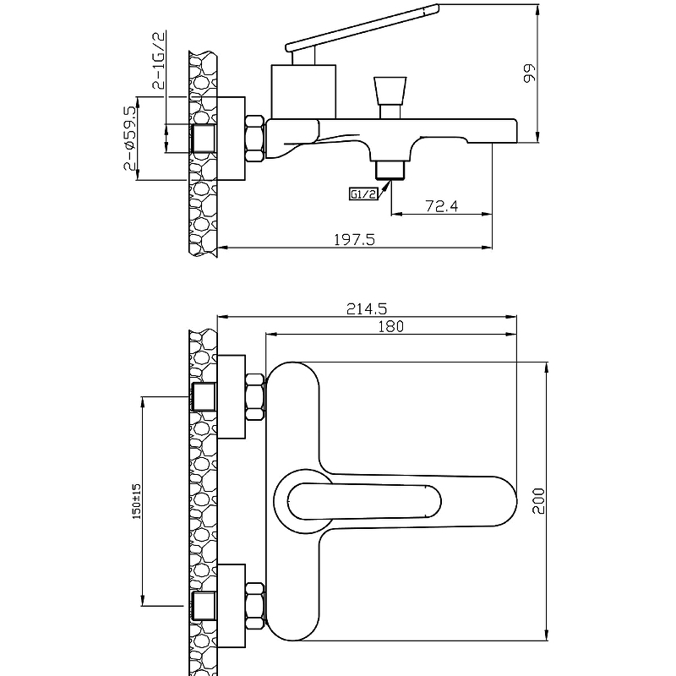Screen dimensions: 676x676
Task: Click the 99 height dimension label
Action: click(x=529, y=74)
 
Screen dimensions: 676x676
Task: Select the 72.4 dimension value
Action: click(x=441, y=206)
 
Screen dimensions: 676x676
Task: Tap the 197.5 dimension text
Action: click(x=355, y=239)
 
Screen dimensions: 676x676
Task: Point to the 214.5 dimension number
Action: click(x=367, y=308)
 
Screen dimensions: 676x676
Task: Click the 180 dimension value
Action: click(x=391, y=326)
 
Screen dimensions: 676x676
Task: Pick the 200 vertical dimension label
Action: click(x=538, y=501)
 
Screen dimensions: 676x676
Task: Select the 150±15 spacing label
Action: click(x=137, y=501)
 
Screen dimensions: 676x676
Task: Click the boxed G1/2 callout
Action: click(x=363, y=194)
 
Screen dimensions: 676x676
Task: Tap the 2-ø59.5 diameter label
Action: click(x=129, y=138)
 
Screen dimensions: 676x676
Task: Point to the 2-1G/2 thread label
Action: click(x=159, y=60)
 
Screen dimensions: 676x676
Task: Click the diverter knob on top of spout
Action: click(x=390, y=97)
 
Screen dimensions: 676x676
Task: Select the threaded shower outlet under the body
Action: click(x=390, y=170)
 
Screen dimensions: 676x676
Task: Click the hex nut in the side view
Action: click(x=254, y=139)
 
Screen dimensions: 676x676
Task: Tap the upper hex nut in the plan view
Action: click(x=254, y=397)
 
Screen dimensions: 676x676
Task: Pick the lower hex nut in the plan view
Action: click(x=254, y=606)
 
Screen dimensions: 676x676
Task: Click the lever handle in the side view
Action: click(x=363, y=28)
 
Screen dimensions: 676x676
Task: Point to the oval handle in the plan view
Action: click(x=364, y=501)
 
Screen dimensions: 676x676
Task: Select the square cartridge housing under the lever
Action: click(x=303, y=91)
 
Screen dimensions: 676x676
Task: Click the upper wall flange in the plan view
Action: click(x=231, y=396)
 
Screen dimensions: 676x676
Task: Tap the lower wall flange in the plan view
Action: click(x=231, y=606)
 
